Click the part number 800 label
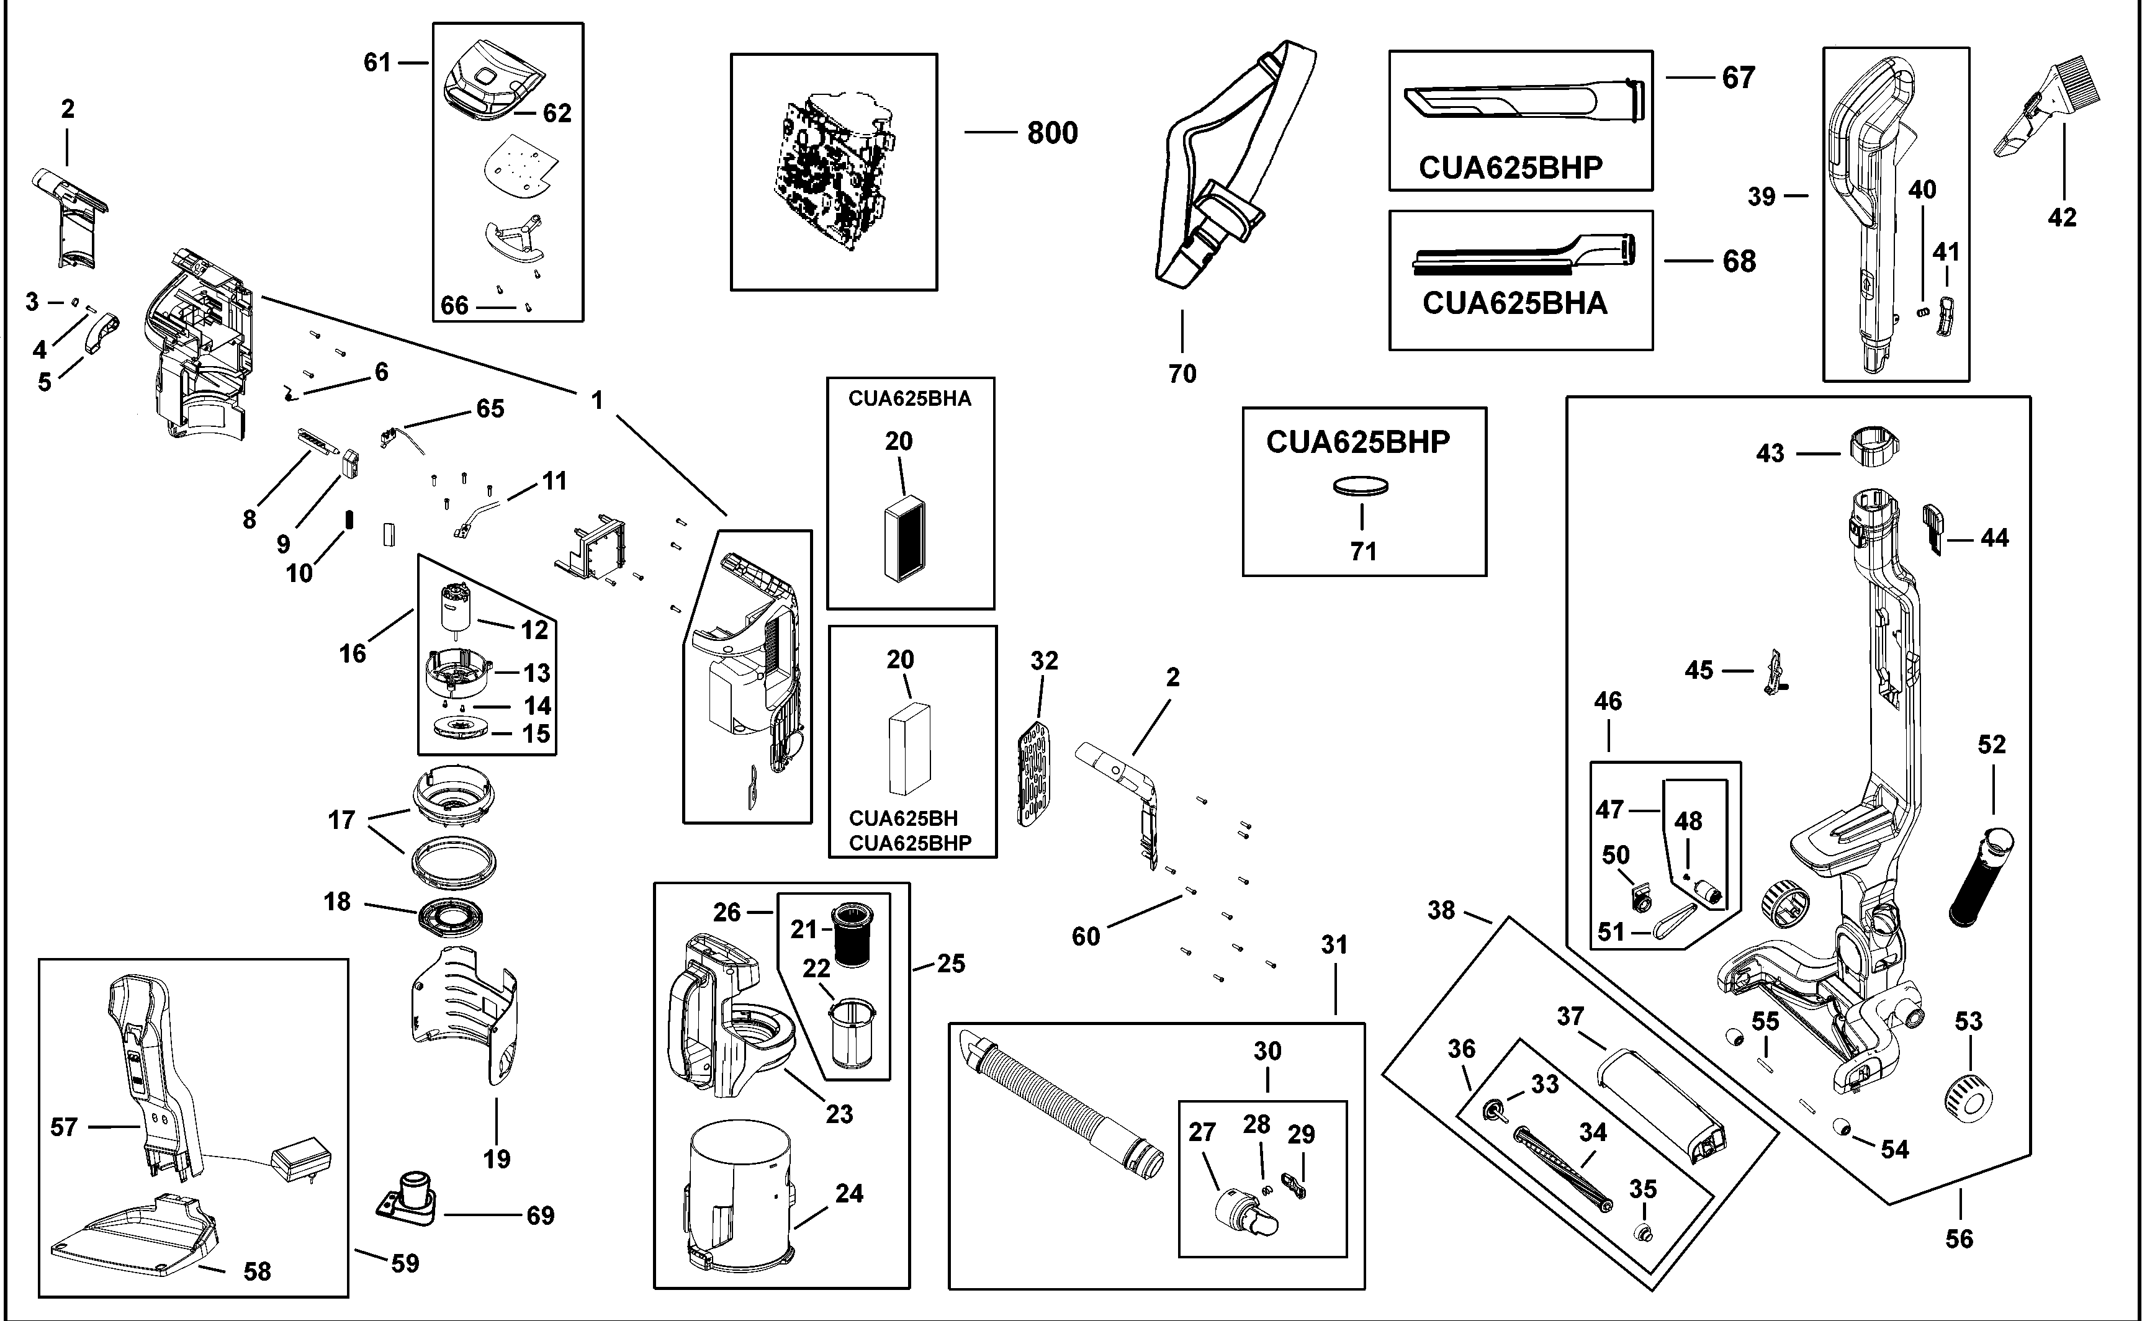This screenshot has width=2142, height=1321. (x=1052, y=133)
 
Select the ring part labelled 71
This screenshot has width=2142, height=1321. (x=1361, y=486)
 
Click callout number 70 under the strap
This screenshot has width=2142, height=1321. (x=1182, y=374)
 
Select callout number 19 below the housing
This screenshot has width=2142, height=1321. (x=497, y=1160)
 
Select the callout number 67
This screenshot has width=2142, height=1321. (x=1739, y=78)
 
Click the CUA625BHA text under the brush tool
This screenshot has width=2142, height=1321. (x=1514, y=303)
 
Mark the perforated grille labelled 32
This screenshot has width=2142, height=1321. (x=1035, y=772)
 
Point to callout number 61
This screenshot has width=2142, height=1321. (x=377, y=63)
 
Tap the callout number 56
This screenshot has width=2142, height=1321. (x=1960, y=1239)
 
